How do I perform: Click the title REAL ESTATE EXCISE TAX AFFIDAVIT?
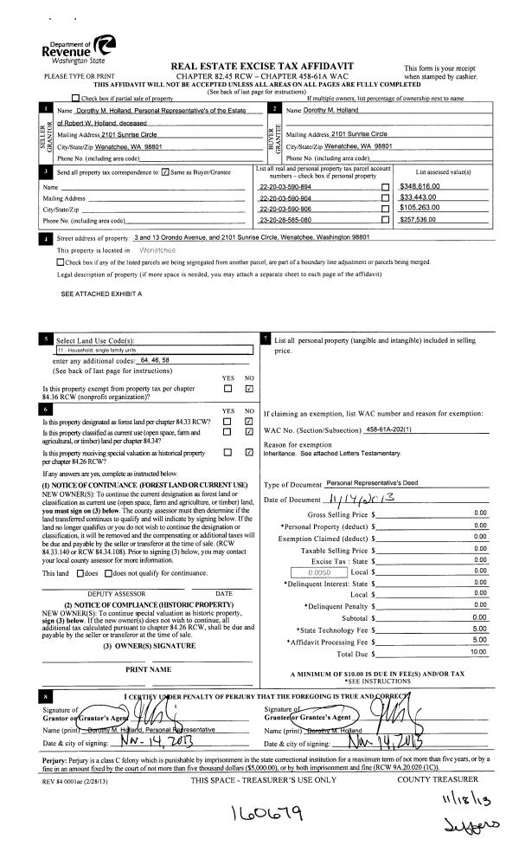click(x=261, y=67)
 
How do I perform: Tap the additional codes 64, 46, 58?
click(x=156, y=359)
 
